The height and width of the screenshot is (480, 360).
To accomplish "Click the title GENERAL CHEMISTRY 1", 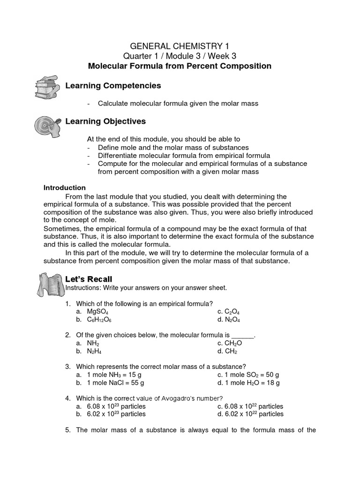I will coord(180,46).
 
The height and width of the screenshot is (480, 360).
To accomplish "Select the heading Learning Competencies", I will coord(113,86).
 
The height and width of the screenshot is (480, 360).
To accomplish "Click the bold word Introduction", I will coord(65,187).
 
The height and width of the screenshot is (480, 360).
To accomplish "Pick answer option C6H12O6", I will coord(99,320).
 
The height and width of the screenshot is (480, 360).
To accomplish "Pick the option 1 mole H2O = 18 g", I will coord(253,383).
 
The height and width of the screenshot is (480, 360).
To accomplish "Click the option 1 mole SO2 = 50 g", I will coord(253,375).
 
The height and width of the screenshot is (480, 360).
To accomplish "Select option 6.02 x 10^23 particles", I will coord(116,414).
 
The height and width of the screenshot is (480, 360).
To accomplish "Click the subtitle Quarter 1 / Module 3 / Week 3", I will coord(180,56).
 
